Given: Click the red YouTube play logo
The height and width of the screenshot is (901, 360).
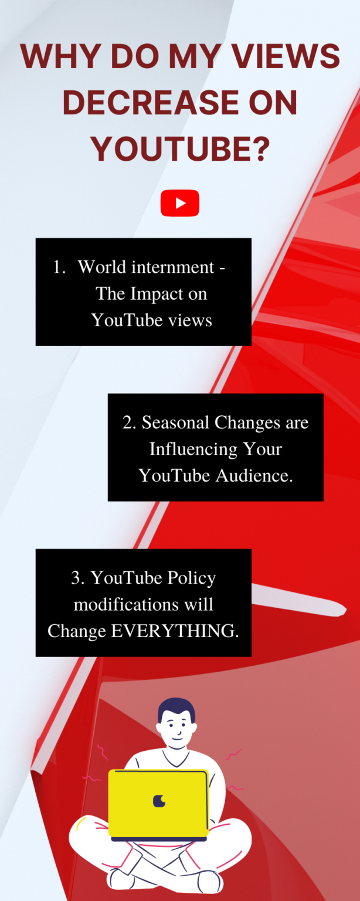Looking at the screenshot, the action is tap(180, 203).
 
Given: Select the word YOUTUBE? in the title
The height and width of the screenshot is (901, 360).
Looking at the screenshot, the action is tap(180, 148).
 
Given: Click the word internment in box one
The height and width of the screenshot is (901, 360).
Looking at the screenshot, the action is tap(173, 267).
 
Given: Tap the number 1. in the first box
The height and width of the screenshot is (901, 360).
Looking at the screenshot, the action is tap(60, 267).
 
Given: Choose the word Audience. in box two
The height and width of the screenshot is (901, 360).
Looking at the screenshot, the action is tap(254, 476).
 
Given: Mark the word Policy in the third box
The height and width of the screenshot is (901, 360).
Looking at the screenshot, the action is tap(192, 578).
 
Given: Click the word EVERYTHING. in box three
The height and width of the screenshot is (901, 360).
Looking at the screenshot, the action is tap(175, 631).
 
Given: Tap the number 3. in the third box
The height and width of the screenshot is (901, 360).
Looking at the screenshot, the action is tap(77, 578).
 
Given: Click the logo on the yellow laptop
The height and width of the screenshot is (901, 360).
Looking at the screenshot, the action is tap(159, 801).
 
